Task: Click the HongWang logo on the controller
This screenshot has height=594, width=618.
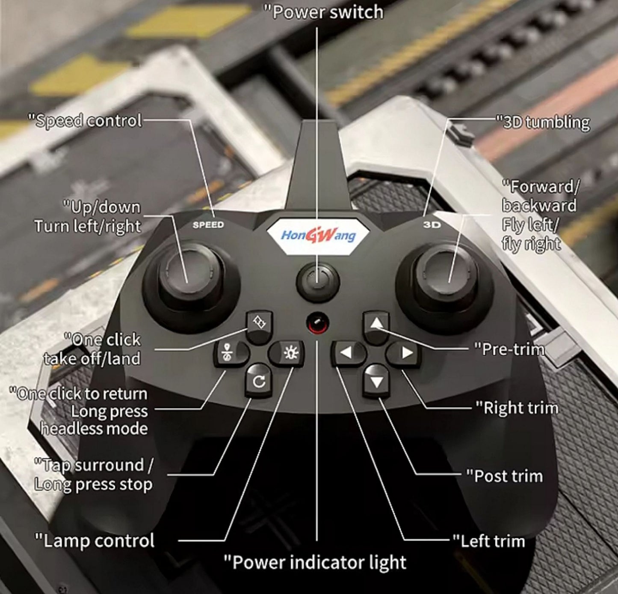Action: pyautogui.click(x=318, y=236)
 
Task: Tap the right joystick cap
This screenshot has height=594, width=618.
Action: pyautogui.click(x=446, y=274)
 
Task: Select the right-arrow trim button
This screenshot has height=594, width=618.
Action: pyautogui.click(x=405, y=352)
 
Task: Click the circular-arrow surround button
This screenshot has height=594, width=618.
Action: pyautogui.click(x=259, y=381)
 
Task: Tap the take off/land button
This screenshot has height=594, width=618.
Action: pyautogui.click(x=260, y=326)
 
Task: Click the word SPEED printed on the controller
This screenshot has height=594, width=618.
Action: pyautogui.click(x=208, y=225)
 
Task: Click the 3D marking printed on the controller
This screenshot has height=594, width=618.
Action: pyautogui.click(x=432, y=224)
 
